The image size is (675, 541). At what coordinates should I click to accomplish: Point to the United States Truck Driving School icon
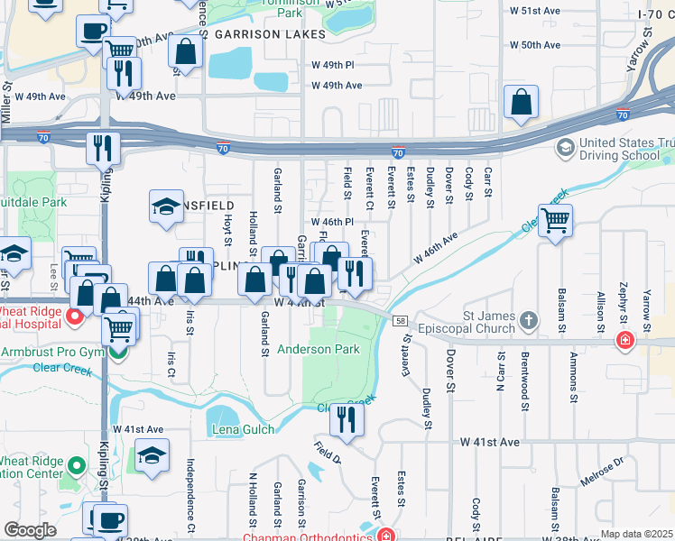coord(565,147)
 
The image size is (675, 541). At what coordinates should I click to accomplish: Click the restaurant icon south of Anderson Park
coord(347,419)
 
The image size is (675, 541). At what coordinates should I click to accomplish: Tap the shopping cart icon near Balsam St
coord(556,220)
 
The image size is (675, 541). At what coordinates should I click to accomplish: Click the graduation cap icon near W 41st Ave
coord(153,456)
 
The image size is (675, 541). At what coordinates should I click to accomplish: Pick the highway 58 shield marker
coord(399,320)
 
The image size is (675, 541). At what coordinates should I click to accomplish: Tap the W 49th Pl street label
coord(337,66)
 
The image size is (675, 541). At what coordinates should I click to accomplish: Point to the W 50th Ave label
coord(535,44)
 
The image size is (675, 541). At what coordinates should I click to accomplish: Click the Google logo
coord(30,530)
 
